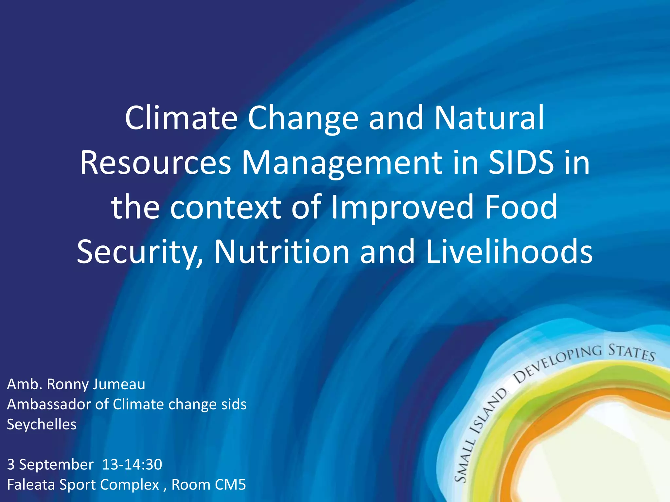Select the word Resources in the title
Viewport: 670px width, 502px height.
156,162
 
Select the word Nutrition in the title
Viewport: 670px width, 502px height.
282,252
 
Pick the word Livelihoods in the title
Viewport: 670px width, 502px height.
509,252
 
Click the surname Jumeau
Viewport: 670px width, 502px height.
119,384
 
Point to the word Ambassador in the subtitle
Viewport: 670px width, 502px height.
49,404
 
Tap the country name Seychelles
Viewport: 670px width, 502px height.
42,425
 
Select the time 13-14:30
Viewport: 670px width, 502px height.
132,464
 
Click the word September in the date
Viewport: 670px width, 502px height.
56,464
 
